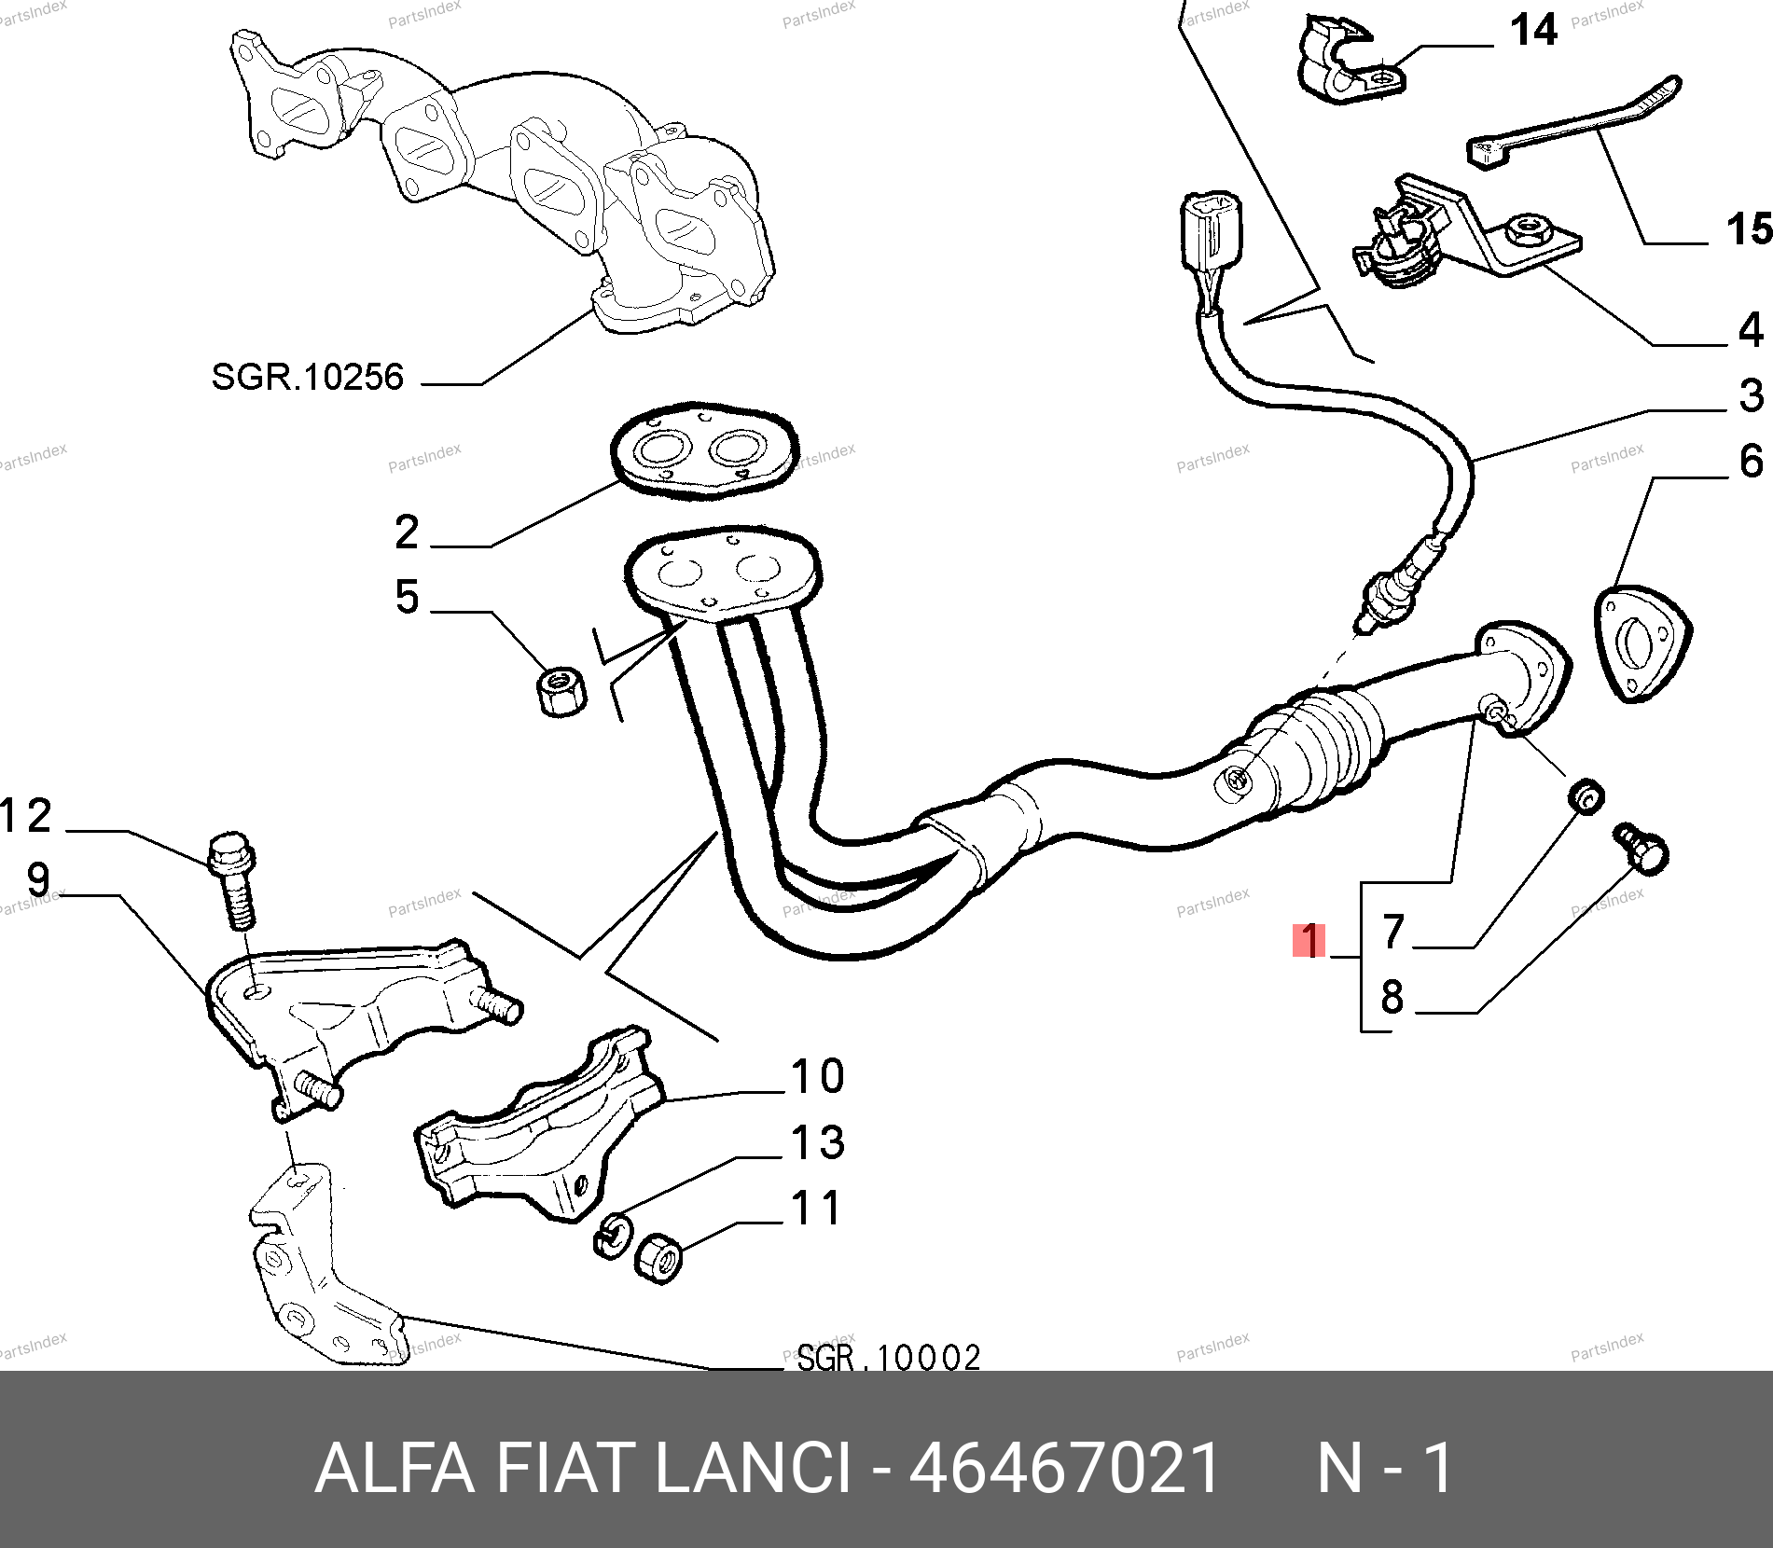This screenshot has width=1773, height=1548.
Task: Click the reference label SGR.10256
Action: (x=308, y=377)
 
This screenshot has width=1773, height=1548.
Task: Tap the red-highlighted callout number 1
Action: (x=1310, y=940)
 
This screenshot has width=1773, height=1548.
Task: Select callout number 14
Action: (x=1533, y=30)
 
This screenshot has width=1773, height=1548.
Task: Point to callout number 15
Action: (x=1749, y=229)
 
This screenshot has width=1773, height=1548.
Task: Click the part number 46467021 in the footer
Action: (x=1064, y=1468)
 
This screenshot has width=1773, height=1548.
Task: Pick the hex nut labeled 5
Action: (x=562, y=691)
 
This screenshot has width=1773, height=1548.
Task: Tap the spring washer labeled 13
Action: (x=613, y=1235)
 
